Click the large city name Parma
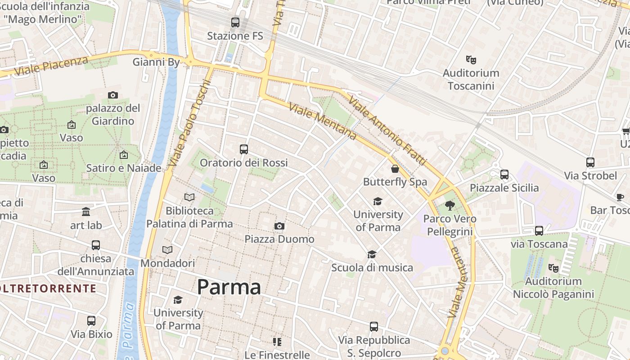229,287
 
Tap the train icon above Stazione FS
235,22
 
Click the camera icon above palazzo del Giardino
113,95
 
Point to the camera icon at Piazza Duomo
279,226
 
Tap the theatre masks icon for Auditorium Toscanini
471,59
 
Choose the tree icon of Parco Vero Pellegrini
450,206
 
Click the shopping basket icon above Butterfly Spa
395,169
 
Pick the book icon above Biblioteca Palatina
189,197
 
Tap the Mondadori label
168,263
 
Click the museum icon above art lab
86,212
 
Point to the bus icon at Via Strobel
590,162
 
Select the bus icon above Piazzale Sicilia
504,175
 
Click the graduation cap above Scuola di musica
372,255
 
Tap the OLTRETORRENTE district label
49,288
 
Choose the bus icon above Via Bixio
91,321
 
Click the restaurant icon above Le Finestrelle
277,342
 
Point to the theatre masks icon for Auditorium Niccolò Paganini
553,268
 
